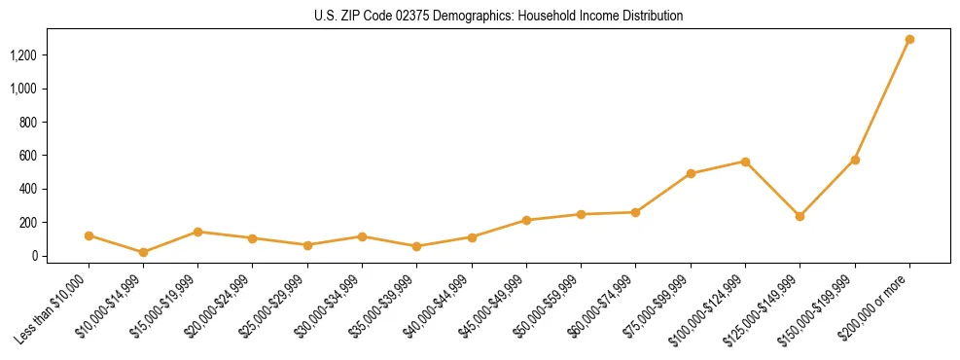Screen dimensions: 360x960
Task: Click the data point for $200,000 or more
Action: coord(909,40)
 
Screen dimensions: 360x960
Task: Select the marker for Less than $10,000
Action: coord(89,235)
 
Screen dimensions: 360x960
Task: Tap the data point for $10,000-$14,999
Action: coord(143,252)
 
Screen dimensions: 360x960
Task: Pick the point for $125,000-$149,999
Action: coord(800,216)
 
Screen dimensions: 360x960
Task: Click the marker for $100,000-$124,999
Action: coord(745,162)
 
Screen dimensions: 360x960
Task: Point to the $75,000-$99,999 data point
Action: coord(691,174)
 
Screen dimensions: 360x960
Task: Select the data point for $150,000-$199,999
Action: coord(855,160)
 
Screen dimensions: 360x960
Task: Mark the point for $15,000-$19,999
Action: coord(197,232)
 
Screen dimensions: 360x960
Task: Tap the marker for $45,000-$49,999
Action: coord(526,220)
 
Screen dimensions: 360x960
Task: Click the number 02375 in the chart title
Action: coord(419,17)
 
